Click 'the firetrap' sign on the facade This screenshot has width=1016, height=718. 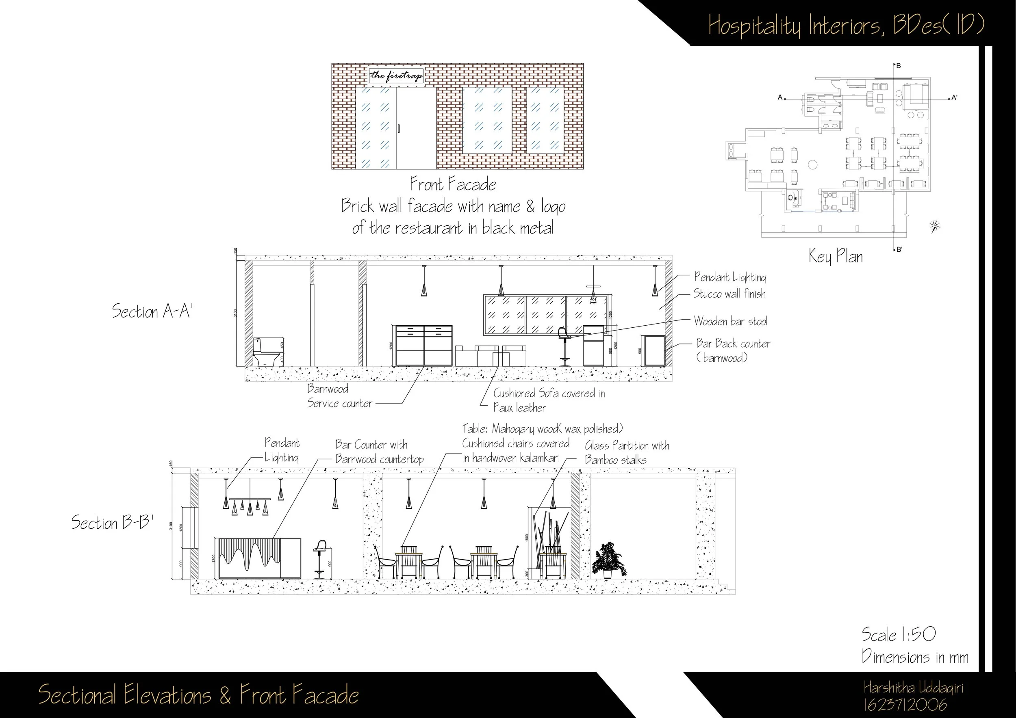point(396,76)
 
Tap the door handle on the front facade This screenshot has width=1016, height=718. point(399,129)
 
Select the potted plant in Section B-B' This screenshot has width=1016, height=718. point(609,560)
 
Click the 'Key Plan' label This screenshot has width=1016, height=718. point(836,256)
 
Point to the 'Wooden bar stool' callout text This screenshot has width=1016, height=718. point(730,321)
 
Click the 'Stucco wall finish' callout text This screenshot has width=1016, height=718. point(729,294)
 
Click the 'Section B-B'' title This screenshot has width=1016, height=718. point(113,523)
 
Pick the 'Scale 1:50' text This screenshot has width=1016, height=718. point(898,635)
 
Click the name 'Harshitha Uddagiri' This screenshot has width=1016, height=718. point(913,688)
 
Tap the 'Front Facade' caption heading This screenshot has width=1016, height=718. point(453,184)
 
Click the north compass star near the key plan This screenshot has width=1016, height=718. point(935,226)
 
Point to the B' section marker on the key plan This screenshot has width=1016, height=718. point(899,249)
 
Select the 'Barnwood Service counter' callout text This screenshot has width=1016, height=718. point(339,396)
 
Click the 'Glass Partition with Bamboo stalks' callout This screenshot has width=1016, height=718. point(627,452)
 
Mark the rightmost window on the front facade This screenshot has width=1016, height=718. point(545,120)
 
